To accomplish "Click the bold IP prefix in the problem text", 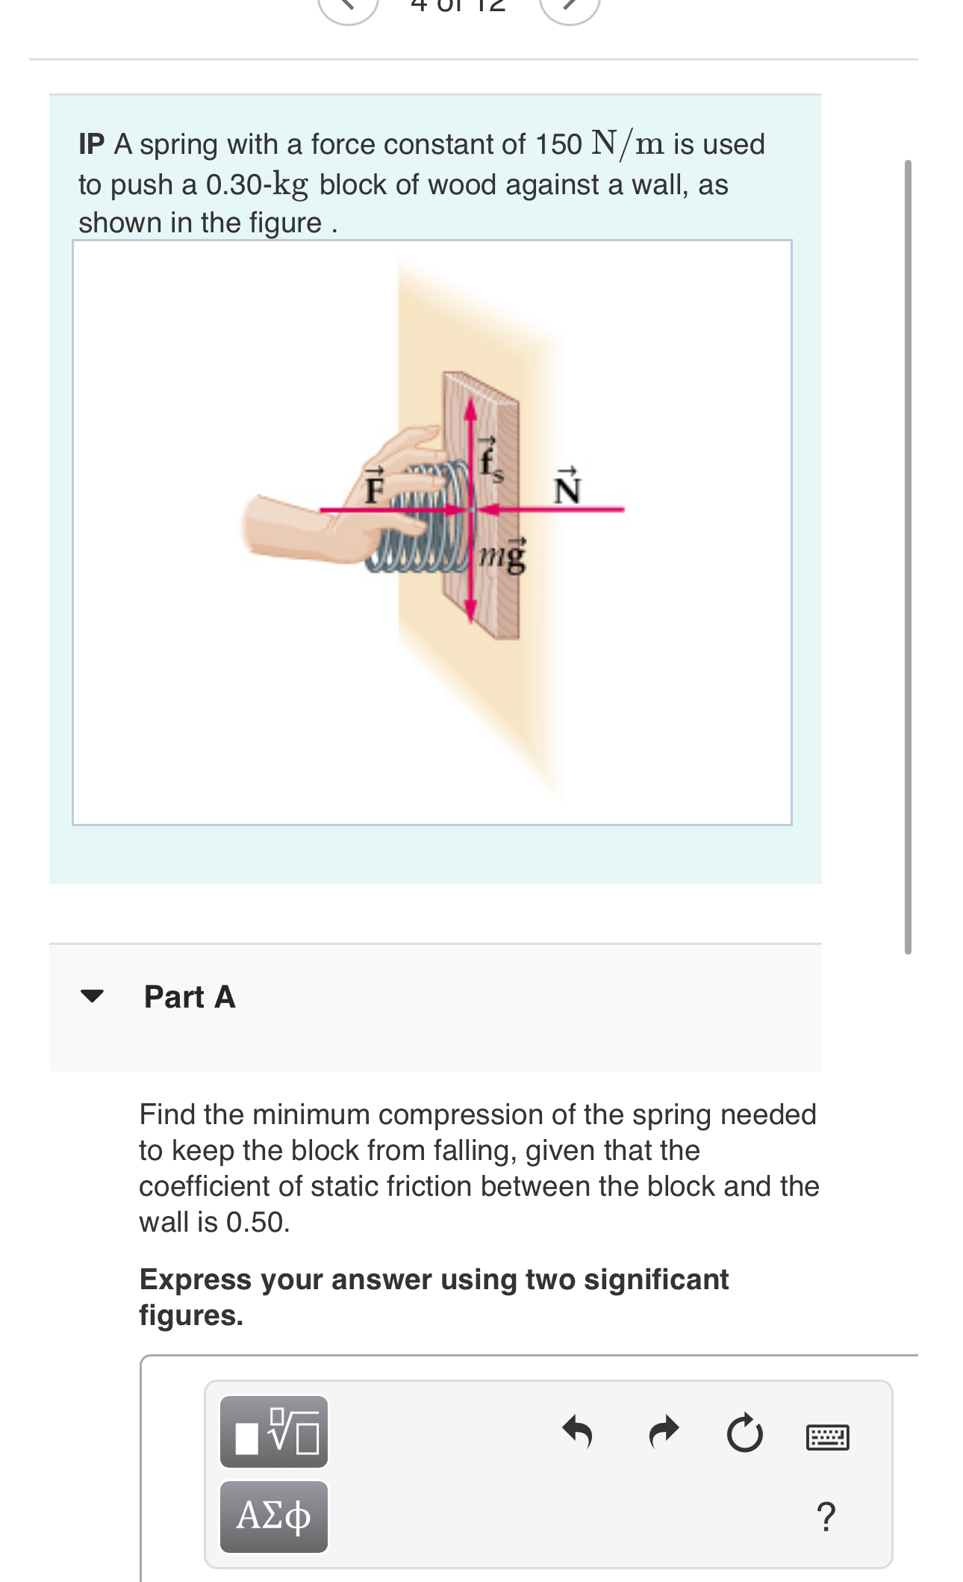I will tap(91, 144).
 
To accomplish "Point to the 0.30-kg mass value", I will tap(256, 184).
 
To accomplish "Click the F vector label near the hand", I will tap(374, 486).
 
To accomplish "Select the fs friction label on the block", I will tap(490, 460).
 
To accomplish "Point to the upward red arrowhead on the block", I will tap(470, 409).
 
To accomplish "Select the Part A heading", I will tap(190, 997).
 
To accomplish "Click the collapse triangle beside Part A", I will tap(92, 996).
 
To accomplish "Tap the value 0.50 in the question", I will tap(256, 1223).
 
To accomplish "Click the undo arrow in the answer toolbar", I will tap(578, 1432).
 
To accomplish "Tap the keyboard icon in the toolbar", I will tap(827, 1436).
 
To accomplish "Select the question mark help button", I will tap(826, 1517).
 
